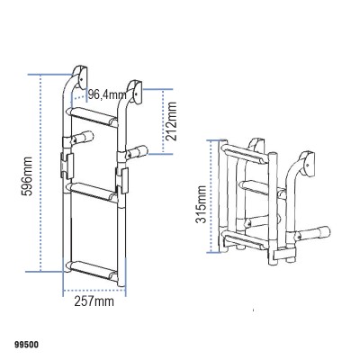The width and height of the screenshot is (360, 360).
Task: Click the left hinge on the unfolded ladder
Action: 65,164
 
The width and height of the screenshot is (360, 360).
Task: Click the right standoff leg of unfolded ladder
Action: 137,151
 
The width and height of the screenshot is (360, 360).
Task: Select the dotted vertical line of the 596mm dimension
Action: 42,171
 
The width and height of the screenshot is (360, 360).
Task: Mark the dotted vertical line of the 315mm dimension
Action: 213,198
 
